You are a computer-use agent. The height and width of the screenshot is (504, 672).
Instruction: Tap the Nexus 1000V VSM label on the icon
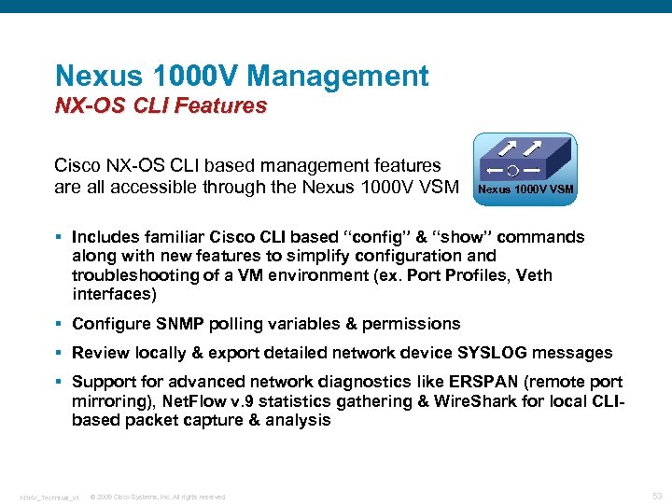point(525,190)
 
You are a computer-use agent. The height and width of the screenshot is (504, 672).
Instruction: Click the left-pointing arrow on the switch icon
point(493,171)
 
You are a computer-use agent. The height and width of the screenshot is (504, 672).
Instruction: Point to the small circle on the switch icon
point(512,171)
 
